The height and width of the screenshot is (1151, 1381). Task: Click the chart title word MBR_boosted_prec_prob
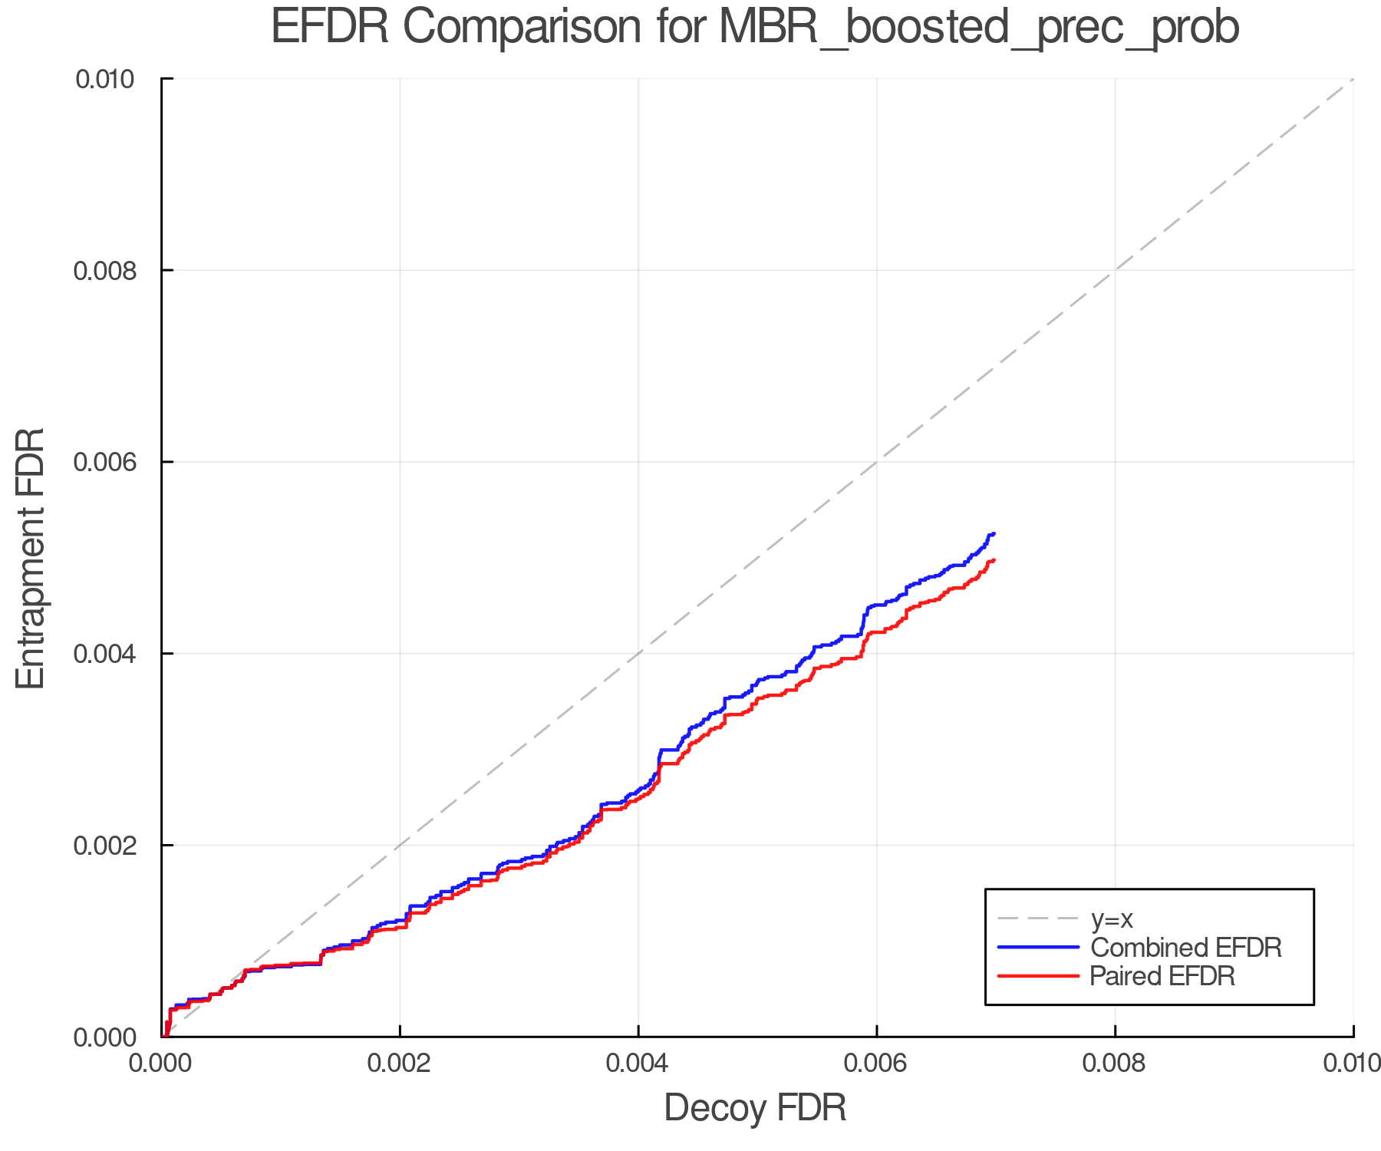pyautogui.click(x=979, y=28)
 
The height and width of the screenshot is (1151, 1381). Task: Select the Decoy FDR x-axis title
pyautogui.click(x=755, y=1108)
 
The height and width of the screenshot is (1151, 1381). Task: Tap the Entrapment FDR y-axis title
pyautogui.click(x=31, y=558)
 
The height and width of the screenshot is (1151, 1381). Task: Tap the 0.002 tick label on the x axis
pyautogui.click(x=400, y=1063)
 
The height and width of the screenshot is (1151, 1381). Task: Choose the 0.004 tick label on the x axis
pyautogui.click(x=638, y=1063)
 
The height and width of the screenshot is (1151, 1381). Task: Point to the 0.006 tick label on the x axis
pyautogui.click(x=876, y=1063)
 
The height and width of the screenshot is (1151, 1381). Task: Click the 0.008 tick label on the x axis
pyautogui.click(x=1115, y=1063)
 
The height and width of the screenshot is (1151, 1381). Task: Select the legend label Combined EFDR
pyautogui.click(x=1185, y=948)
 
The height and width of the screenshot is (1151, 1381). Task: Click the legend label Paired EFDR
pyautogui.click(x=1162, y=976)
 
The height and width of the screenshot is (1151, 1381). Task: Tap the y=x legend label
pyautogui.click(x=1112, y=918)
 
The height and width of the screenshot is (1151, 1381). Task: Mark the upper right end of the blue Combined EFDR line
pyautogui.click(x=994, y=533)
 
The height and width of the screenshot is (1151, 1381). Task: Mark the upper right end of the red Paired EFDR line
pyautogui.click(x=994, y=560)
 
